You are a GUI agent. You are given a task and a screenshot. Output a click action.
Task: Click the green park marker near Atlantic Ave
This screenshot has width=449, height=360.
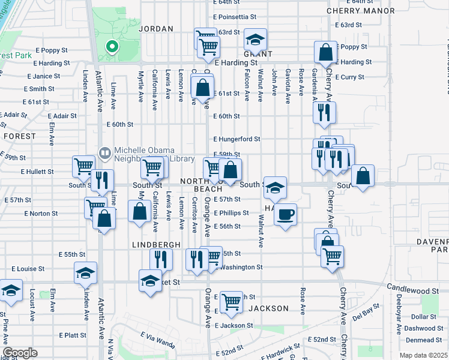pos(110,47)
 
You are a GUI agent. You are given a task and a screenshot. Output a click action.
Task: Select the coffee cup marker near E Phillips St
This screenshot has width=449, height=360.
pos(286,214)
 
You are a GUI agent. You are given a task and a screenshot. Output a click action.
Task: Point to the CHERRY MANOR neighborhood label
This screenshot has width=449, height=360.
pos(360,11)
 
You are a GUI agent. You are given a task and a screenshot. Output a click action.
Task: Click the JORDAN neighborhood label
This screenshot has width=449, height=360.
pos(156,29)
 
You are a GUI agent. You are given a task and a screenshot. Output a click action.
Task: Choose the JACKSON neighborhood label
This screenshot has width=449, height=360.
pos(268,308)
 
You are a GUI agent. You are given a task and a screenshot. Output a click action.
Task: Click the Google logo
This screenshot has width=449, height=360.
pos(20,353)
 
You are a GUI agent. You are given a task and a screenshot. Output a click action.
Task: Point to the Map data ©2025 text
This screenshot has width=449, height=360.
pos(423,355)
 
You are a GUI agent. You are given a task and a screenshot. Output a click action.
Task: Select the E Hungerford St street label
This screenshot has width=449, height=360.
pos(236,139)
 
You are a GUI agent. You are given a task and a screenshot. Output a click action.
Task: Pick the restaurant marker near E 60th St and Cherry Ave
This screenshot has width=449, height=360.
pos(324,112)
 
